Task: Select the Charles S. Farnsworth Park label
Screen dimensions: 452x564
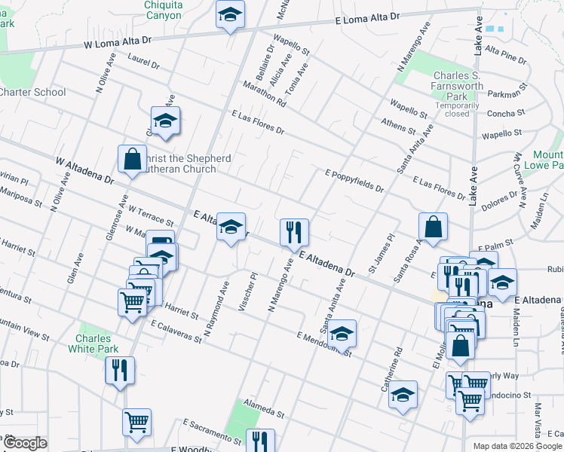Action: coord(458,87)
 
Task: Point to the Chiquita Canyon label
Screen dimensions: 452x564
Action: coord(163,10)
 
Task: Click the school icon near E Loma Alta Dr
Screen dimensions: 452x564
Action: coord(230,15)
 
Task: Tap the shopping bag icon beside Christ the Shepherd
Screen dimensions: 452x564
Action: coord(132,160)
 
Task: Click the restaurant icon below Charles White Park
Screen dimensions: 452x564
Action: coord(120,371)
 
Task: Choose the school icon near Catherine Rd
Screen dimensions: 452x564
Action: coord(403,395)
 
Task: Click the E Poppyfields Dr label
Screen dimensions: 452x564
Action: coord(354,181)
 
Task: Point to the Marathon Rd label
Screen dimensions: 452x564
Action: coord(263,93)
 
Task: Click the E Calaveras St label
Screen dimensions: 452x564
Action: coord(176,331)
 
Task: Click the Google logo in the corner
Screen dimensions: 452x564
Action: coord(25,443)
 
